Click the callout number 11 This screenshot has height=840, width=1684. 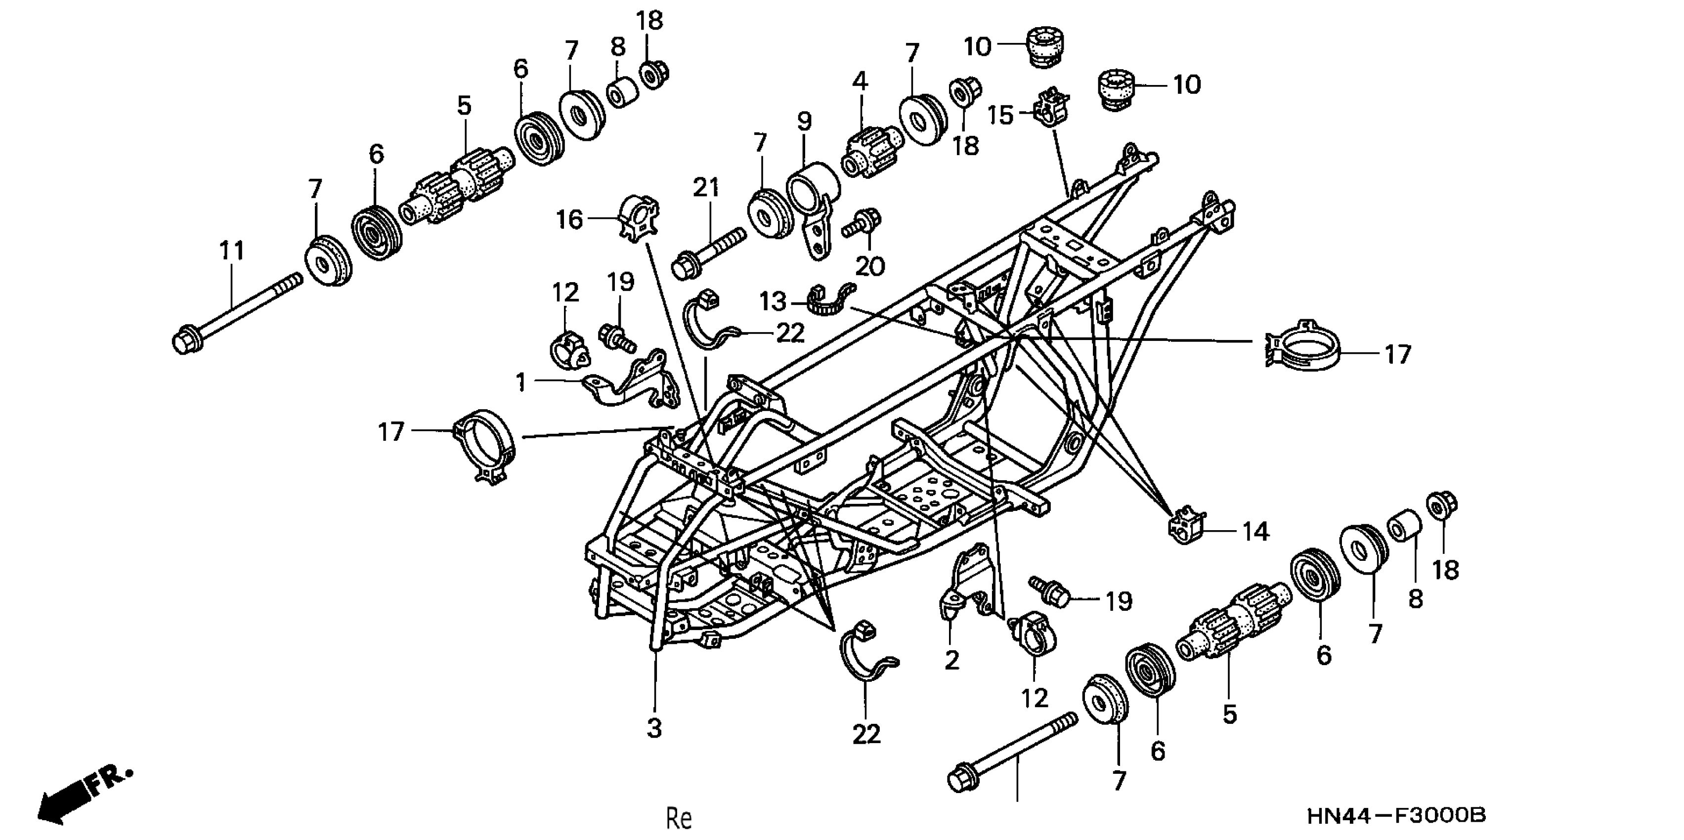231,251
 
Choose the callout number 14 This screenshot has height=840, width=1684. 1254,532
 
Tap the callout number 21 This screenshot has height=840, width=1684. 706,188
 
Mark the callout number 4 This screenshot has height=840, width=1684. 861,82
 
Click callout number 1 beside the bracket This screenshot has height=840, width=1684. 520,382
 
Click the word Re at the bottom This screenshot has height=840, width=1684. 679,818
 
